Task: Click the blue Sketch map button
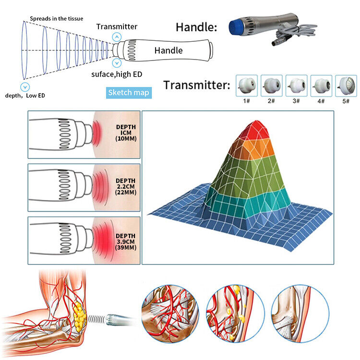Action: click(x=128, y=93)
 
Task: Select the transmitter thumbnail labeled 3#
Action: click(x=297, y=84)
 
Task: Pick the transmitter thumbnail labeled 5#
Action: click(x=346, y=84)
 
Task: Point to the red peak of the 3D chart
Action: click(x=253, y=126)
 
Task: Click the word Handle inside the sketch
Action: click(x=168, y=50)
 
